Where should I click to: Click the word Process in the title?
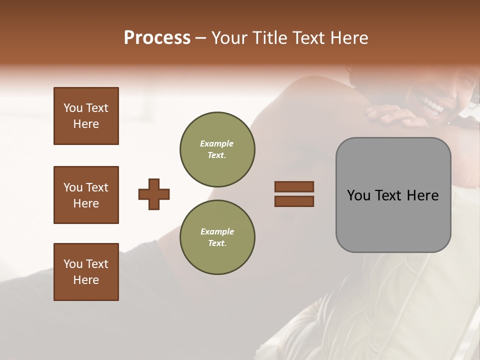click(x=157, y=38)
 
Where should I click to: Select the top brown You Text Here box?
click(x=86, y=116)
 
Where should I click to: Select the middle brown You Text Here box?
click(x=86, y=195)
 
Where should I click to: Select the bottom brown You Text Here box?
click(x=86, y=272)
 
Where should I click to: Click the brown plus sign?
click(x=154, y=194)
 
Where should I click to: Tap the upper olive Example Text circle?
click(x=217, y=149)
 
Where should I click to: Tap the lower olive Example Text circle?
click(x=217, y=237)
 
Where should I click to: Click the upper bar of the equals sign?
click(x=294, y=186)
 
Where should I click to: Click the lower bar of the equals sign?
click(x=294, y=201)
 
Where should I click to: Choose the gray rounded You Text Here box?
click(x=393, y=195)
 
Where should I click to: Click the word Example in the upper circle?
click(x=217, y=143)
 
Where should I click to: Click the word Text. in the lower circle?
click(x=217, y=243)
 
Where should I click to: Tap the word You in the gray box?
click(x=358, y=195)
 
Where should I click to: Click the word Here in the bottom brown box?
click(x=86, y=280)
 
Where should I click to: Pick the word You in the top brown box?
click(x=73, y=108)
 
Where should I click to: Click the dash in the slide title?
click(x=201, y=38)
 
